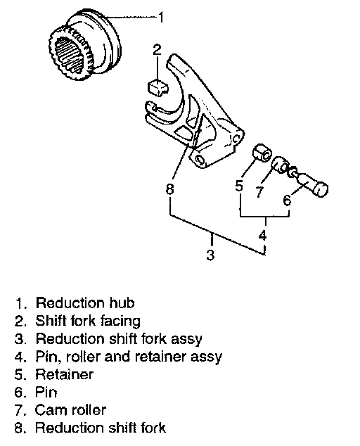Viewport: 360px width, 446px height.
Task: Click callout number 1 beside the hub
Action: (161, 17)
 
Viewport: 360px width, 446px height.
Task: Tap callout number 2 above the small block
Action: (157, 49)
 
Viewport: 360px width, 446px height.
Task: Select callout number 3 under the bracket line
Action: (210, 255)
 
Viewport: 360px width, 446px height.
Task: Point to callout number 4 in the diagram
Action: (263, 236)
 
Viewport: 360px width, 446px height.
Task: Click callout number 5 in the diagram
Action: (240, 186)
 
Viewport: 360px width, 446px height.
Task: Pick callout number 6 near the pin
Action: (287, 200)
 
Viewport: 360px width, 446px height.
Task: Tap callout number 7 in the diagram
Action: (259, 192)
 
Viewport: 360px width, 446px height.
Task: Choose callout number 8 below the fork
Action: (169, 189)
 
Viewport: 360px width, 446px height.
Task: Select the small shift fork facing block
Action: (157, 87)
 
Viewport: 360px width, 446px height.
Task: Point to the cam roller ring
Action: (281, 165)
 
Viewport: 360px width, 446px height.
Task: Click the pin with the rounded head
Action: (309, 183)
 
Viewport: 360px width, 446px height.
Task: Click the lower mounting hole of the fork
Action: (200, 160)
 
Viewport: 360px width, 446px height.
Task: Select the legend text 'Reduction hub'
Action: (85, 303)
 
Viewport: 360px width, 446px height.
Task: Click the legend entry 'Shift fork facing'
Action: (88, 321)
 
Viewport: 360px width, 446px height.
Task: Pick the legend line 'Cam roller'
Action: (70, 410)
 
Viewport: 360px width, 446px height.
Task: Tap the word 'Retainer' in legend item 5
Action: (64, 374)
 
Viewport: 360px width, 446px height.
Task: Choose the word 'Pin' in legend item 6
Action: (46, 393)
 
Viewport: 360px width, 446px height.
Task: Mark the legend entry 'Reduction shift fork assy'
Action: (119, 339)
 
